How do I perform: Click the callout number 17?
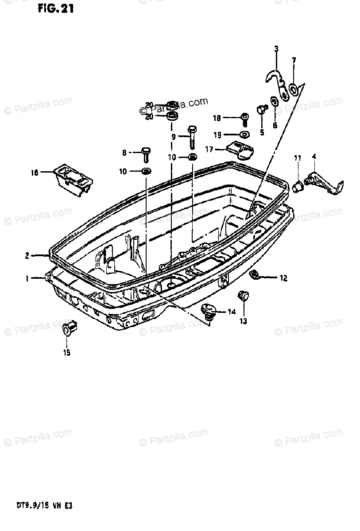(209, 150)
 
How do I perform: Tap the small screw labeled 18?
(244, 118)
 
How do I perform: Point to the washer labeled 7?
(293, 91)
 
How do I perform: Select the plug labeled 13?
(243, 296)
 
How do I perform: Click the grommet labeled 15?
(68, 329)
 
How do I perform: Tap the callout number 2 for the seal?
(27, 255)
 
